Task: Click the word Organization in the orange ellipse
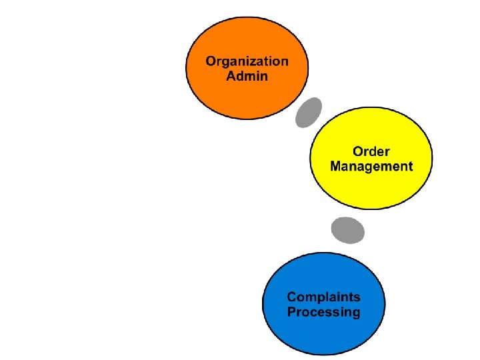(247, 61)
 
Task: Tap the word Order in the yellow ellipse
(371, 151)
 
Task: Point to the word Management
(371, 166)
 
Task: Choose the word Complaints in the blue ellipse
(323, 297)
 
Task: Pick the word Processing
(323, 312)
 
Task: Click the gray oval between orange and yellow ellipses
(309, 112)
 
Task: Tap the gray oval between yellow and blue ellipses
(348, 230)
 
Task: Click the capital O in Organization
(211, 61)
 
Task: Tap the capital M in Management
(336, 166)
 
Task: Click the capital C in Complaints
(292, 297)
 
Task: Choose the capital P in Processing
(291, 312)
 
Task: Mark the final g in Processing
(355, 313)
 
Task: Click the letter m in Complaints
(311, 298)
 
